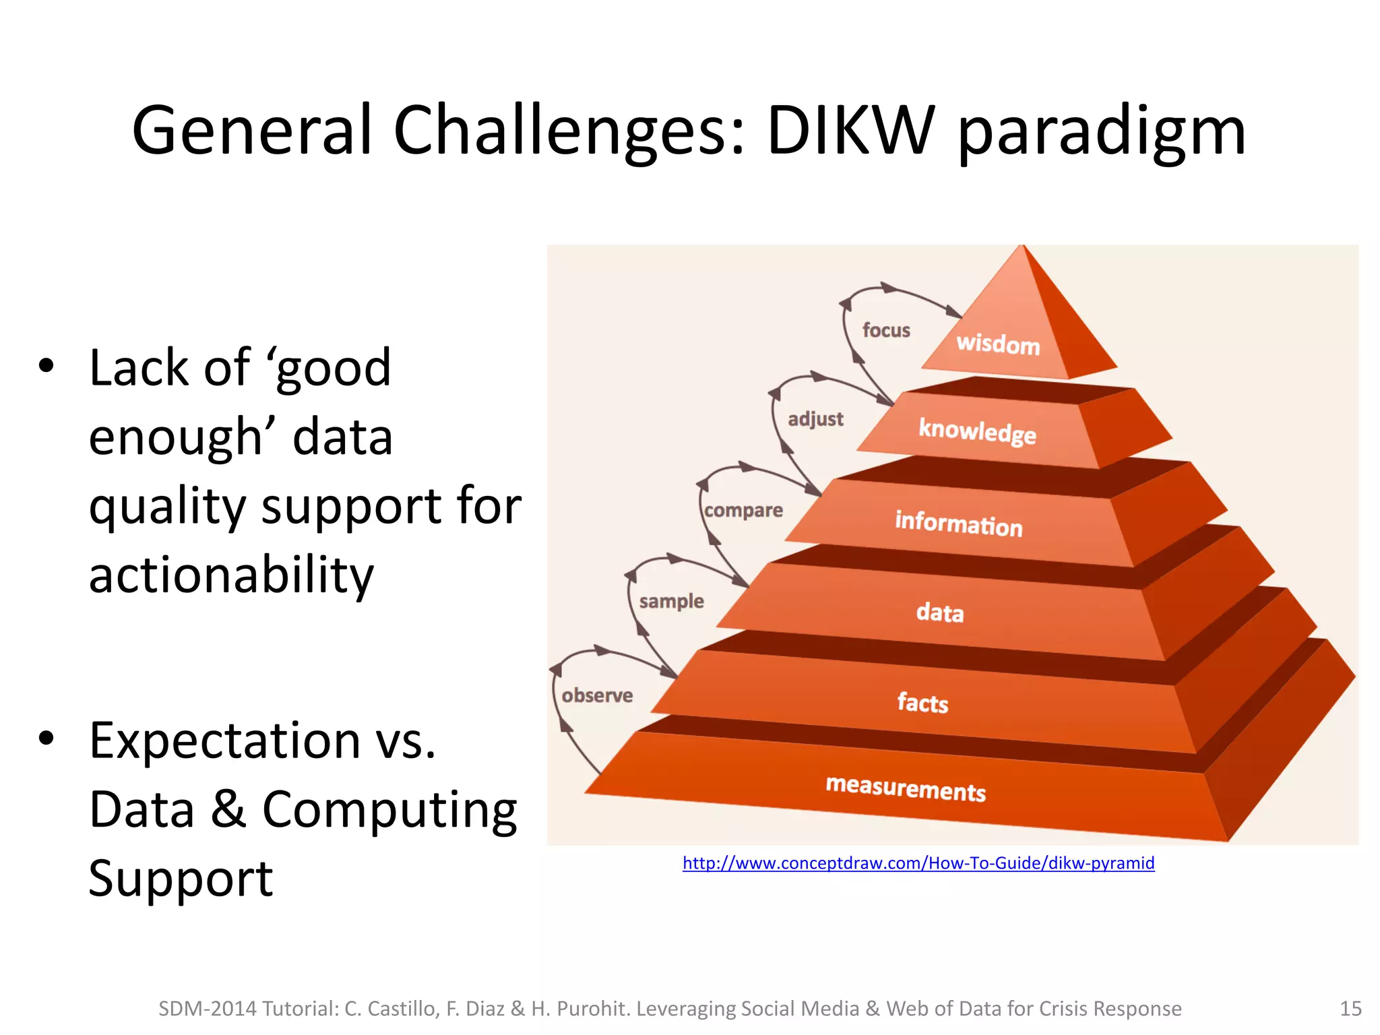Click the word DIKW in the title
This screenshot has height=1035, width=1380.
pos(850,131)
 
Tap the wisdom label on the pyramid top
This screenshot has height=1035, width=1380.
pos(998,344)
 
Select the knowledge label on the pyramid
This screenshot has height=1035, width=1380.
pos(977,431)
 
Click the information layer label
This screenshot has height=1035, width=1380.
pos(958,524)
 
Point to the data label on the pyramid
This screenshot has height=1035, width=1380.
pos(939,613)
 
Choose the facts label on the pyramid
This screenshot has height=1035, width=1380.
pos(922,703)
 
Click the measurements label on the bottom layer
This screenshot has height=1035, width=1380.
pos(906,788)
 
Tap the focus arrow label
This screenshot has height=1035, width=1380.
pos(886,330)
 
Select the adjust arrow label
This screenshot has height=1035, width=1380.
pos(815,419)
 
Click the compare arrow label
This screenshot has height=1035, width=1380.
pos(743,510)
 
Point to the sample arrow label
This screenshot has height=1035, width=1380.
pos(671,600)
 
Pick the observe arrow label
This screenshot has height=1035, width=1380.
pos(597,695)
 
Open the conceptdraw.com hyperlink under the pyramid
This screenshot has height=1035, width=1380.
pos(918,863)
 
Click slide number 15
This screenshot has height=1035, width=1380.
pos(1350,1009)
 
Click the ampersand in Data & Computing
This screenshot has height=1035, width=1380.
pos(228,809)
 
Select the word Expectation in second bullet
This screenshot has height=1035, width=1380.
pos(225,741)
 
